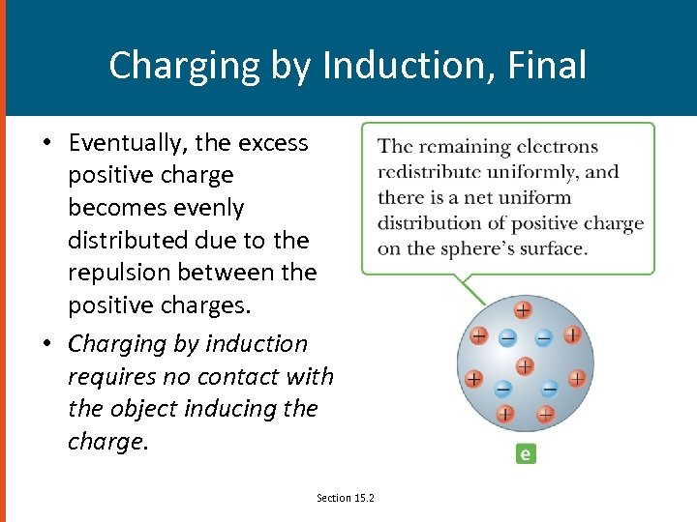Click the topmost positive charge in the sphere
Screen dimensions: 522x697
pos(522,310)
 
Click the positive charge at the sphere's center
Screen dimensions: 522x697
pos(524,366)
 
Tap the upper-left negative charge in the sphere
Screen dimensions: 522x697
pos(506,338)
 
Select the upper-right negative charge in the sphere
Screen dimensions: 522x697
pos(544,337)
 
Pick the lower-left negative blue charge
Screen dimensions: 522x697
pos(502,389)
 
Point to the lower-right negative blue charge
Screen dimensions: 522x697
pos(549,388)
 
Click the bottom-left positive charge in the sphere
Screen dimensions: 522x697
pos(504,415)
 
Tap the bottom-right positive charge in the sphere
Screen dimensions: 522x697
pos(545,415)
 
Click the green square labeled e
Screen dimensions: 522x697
pos(526,453)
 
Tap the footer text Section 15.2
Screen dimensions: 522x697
pos(346,498)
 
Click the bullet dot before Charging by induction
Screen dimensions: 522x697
pos(46,345)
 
